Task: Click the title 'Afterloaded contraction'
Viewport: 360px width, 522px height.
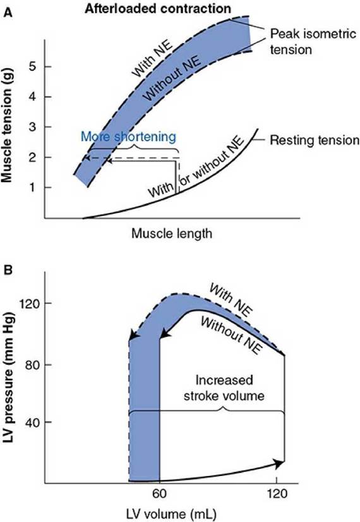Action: pyautogui.click(x=158, y=8)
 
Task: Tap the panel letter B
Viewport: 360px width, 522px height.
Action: pyautogui.click(x=8, y=269)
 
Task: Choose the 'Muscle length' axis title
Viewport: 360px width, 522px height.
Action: pyautogui.click(x=172, y=233)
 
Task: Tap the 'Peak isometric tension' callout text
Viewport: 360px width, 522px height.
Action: pyautogui.click(x=313, y=42)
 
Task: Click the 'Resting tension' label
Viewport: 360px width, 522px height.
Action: pyautogui.click(x=315, y=140)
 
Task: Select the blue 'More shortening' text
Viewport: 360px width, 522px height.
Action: pyautogui.click(x=128, y=137)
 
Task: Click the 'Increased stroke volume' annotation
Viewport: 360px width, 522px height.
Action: pyautogui.click(x=224, y=388)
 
